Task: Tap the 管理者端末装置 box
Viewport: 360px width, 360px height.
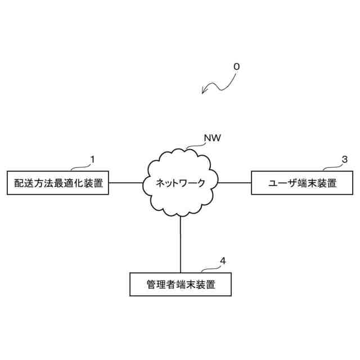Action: point(181,284)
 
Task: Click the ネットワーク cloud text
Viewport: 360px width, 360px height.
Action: point(180,183)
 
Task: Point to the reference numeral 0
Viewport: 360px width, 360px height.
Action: point(236,66)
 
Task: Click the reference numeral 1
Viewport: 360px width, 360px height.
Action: point(92,159)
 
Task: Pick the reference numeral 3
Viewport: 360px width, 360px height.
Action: point(344,159)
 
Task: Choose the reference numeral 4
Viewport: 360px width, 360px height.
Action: point(223,260)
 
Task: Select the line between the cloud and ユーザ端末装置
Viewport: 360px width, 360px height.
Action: point(233,183)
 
